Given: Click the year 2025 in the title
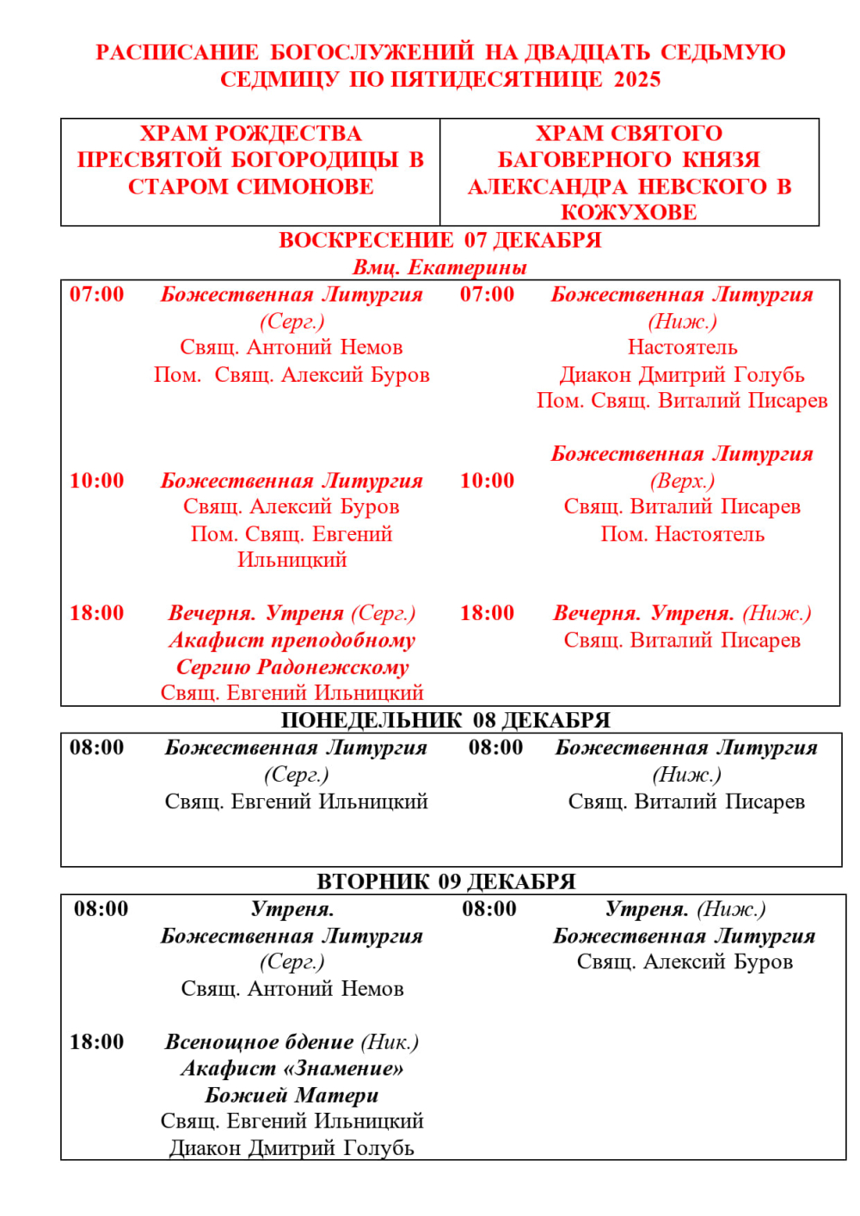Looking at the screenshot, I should click(637, 80).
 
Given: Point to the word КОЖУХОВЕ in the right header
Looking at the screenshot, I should click(629, 212).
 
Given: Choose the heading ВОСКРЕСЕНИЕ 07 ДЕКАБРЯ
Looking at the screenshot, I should click(439, 240).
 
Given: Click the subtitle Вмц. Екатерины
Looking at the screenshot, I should click(439, 267).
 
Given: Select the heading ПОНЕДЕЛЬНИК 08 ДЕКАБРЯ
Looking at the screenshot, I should click(445, 720).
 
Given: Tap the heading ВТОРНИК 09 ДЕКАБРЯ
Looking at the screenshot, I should click(445, 881).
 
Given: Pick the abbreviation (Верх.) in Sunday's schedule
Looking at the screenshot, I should click(682, 481).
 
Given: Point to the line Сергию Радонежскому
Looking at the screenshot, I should click(292, 666).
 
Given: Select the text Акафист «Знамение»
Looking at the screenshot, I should click(292, 1069).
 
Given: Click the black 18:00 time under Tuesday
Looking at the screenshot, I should click(97, 1042).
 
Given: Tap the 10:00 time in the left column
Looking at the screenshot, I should click(97, 481).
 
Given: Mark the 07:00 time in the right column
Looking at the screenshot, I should click(488, 294).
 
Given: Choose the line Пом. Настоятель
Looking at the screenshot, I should click(682, 534).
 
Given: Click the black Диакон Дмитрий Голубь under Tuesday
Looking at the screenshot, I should click(292, 1148).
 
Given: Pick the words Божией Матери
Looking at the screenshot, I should click(292, 1095).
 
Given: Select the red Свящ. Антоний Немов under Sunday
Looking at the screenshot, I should click(292, 347).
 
